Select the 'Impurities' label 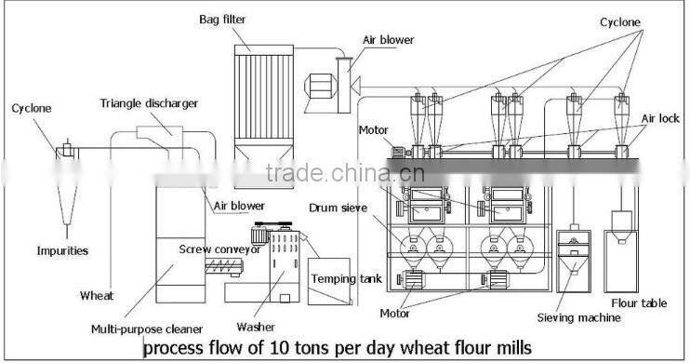coord(62,250)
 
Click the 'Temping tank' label coord(335,278)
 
